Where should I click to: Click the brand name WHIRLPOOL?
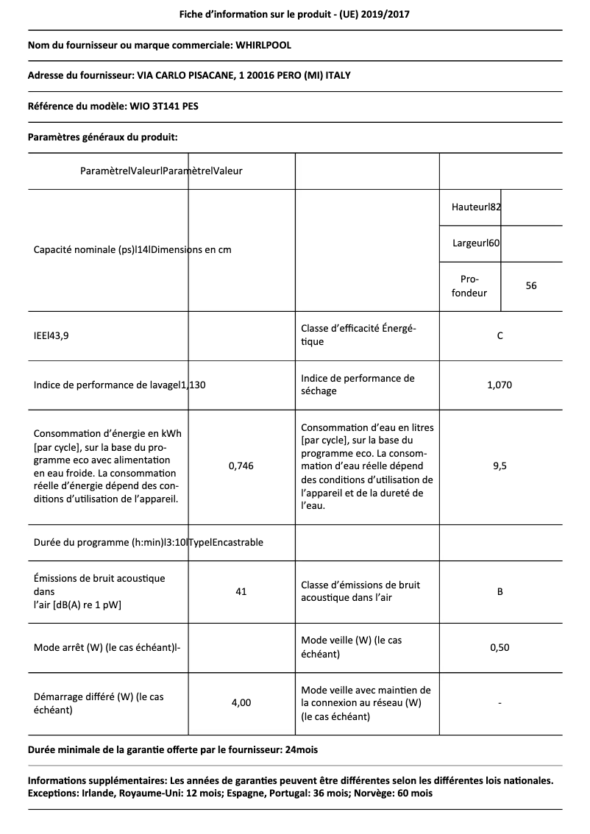(x=263, y=45)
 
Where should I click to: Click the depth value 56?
(x=531, y=285)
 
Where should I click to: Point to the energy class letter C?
(x=500, y=336)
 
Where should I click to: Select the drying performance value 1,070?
(x=500, y=385)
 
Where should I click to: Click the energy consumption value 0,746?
(x=241, y=466)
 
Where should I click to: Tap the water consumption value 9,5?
(x=500, y=466)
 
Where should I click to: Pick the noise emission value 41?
(x=241, y=591)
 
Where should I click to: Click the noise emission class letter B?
(x=500, y=591)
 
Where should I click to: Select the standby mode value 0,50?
(x=500, y=647)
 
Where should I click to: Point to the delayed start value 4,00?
(x=241, y=702)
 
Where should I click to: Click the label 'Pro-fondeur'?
(x=469, y=286)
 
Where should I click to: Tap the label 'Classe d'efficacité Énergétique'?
(x=359, y=335)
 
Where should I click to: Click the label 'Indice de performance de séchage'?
(x=358, y=385)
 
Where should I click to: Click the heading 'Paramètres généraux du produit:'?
(x=103, y=137)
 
